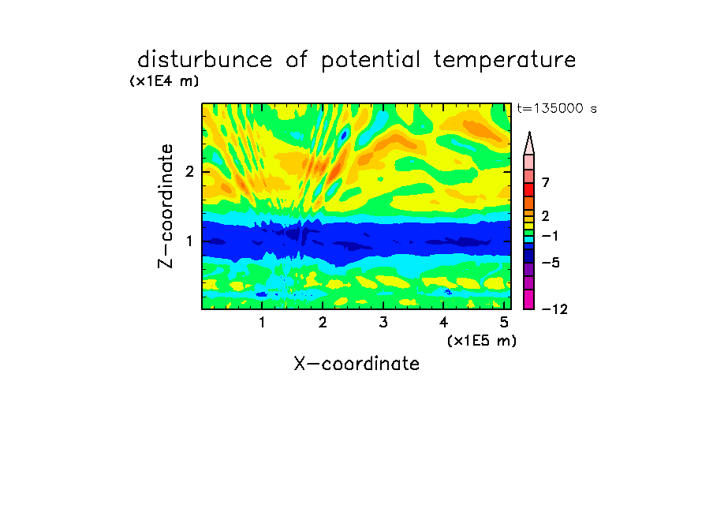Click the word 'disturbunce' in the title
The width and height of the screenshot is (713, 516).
tap(204, 60)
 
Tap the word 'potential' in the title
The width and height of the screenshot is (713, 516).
tap(371, 61)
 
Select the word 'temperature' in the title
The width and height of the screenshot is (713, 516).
tap(505, 61)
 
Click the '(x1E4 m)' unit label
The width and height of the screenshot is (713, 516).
tap(164, 81)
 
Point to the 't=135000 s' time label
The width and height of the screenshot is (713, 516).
tap(557, 108)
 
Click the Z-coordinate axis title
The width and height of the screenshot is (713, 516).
tap(166, 206)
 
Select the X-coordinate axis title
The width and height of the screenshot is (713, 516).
tap(356, 364)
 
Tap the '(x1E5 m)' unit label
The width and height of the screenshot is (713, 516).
tap(482, 341)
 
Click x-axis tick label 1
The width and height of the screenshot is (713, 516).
tap(263, 323)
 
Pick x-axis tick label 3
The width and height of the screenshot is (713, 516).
tap(383, 323)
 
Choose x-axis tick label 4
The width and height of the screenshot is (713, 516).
tap(444, 323)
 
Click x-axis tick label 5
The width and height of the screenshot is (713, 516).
tap(504, 323)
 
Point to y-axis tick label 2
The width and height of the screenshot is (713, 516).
tap(189, 172)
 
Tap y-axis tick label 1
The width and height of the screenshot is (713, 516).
tap(189, 241)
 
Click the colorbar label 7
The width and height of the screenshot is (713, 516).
tap(546, 182)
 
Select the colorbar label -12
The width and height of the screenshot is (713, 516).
tap(554, 309)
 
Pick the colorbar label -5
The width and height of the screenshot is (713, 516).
tap(551, 263)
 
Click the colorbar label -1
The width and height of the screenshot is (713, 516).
tap(550, 236)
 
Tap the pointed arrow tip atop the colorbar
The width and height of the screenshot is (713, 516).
tap(529, 133)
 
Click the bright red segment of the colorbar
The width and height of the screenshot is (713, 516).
tap(529, 189)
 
